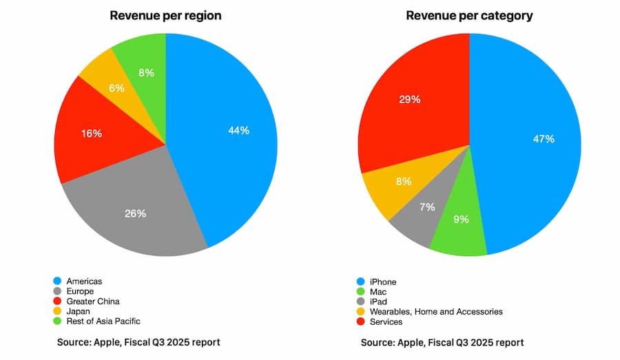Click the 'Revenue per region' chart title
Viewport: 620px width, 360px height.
[x=166, y=15]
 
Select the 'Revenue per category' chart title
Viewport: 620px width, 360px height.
[x=469, y=15]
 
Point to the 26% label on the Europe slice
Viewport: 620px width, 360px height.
[x=136, y=213]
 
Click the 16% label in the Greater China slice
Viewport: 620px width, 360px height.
[x=92, y=134]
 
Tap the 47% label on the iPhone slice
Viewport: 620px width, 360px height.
[x=544, y=139]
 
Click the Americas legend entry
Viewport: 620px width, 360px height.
[x=84, y=282]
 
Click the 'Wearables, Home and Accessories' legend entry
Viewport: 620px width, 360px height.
[x=436, y=312]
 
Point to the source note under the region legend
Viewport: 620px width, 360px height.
[x=138, y=342]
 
